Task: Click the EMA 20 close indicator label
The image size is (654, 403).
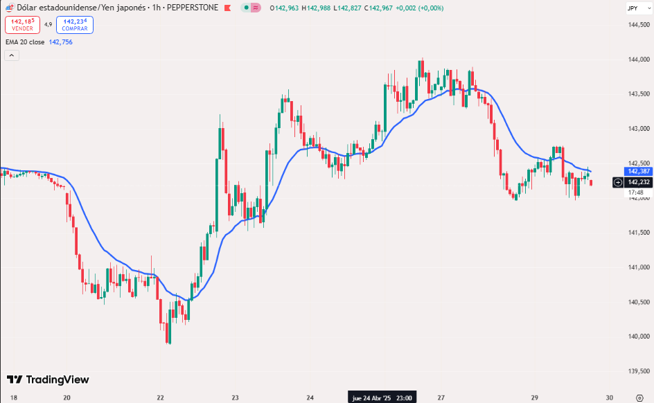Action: pyautogui.click(x=25, y=42)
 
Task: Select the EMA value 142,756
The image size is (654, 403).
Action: pyautogui.click(x=60, y=42)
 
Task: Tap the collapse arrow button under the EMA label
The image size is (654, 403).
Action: pyautogui.click(x=11, y=55)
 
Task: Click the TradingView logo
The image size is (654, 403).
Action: pyautogui.click(x=48, y=379)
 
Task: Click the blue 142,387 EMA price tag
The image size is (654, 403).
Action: pyautogui.click(x=637, y=171)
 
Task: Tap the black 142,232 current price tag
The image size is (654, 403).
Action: pyautogui.click(x=638, y=182)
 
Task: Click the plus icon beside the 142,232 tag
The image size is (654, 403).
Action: pyautogui.click(x=618, y=182)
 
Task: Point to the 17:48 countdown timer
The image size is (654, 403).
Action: pyautogui.click(x=636, y=192)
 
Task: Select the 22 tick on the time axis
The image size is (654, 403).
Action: pyautogui.click(x=160, y=397)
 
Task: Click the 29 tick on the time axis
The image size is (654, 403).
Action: pyautogui.click(x=535, y=397)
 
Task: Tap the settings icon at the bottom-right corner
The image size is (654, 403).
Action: pyautogui.click(x=639, y=397)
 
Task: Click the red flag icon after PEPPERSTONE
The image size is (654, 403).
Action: pyautogui.click(x=227, y=8)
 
